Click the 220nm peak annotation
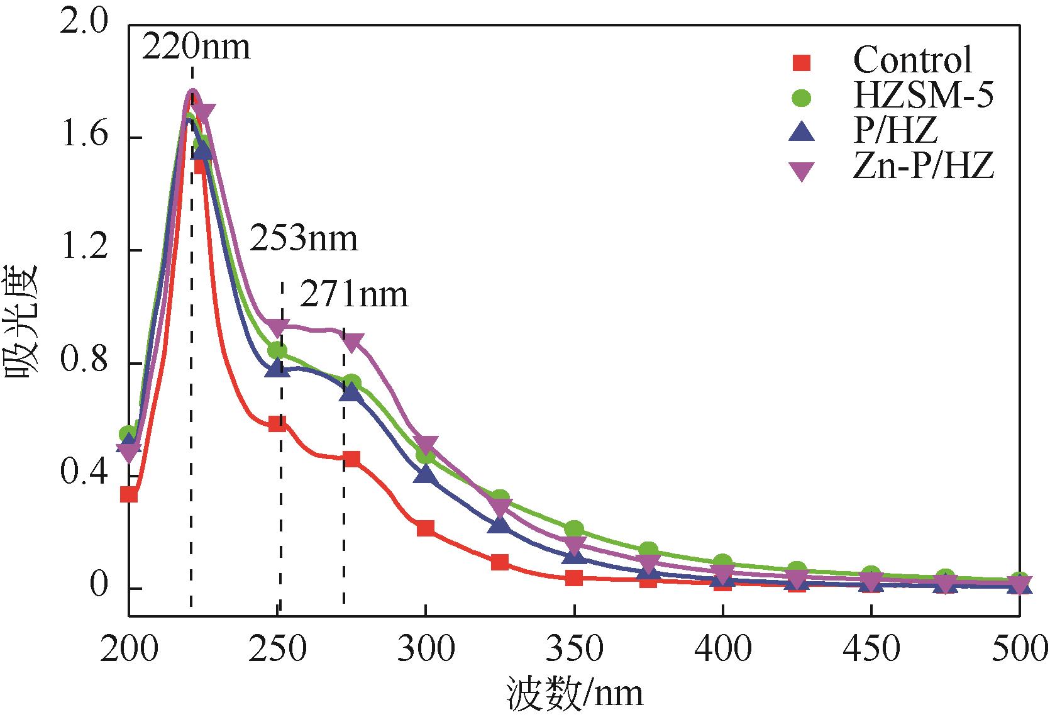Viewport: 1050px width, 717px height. pyautogui.click(x=196, y=47)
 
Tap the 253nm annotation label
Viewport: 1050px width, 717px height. pyautogui.click(x=304, y=239)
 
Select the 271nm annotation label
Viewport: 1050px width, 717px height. pyautogui.click(x=353, y=294)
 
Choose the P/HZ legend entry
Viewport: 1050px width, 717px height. pyautogui.click(x=895, y=133)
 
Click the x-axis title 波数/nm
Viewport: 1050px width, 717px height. pyautogui.click(x=575, y=694)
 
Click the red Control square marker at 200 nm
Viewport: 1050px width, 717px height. pyautogui.click(x=129, y=494)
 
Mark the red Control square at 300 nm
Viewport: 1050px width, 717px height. pyautogui.click(x=426, y=528)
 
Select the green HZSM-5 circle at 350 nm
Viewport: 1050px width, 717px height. pyautogui.click(x=574, y=529)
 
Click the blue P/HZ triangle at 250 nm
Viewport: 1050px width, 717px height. pyautogui.click(x=277, y=369)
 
